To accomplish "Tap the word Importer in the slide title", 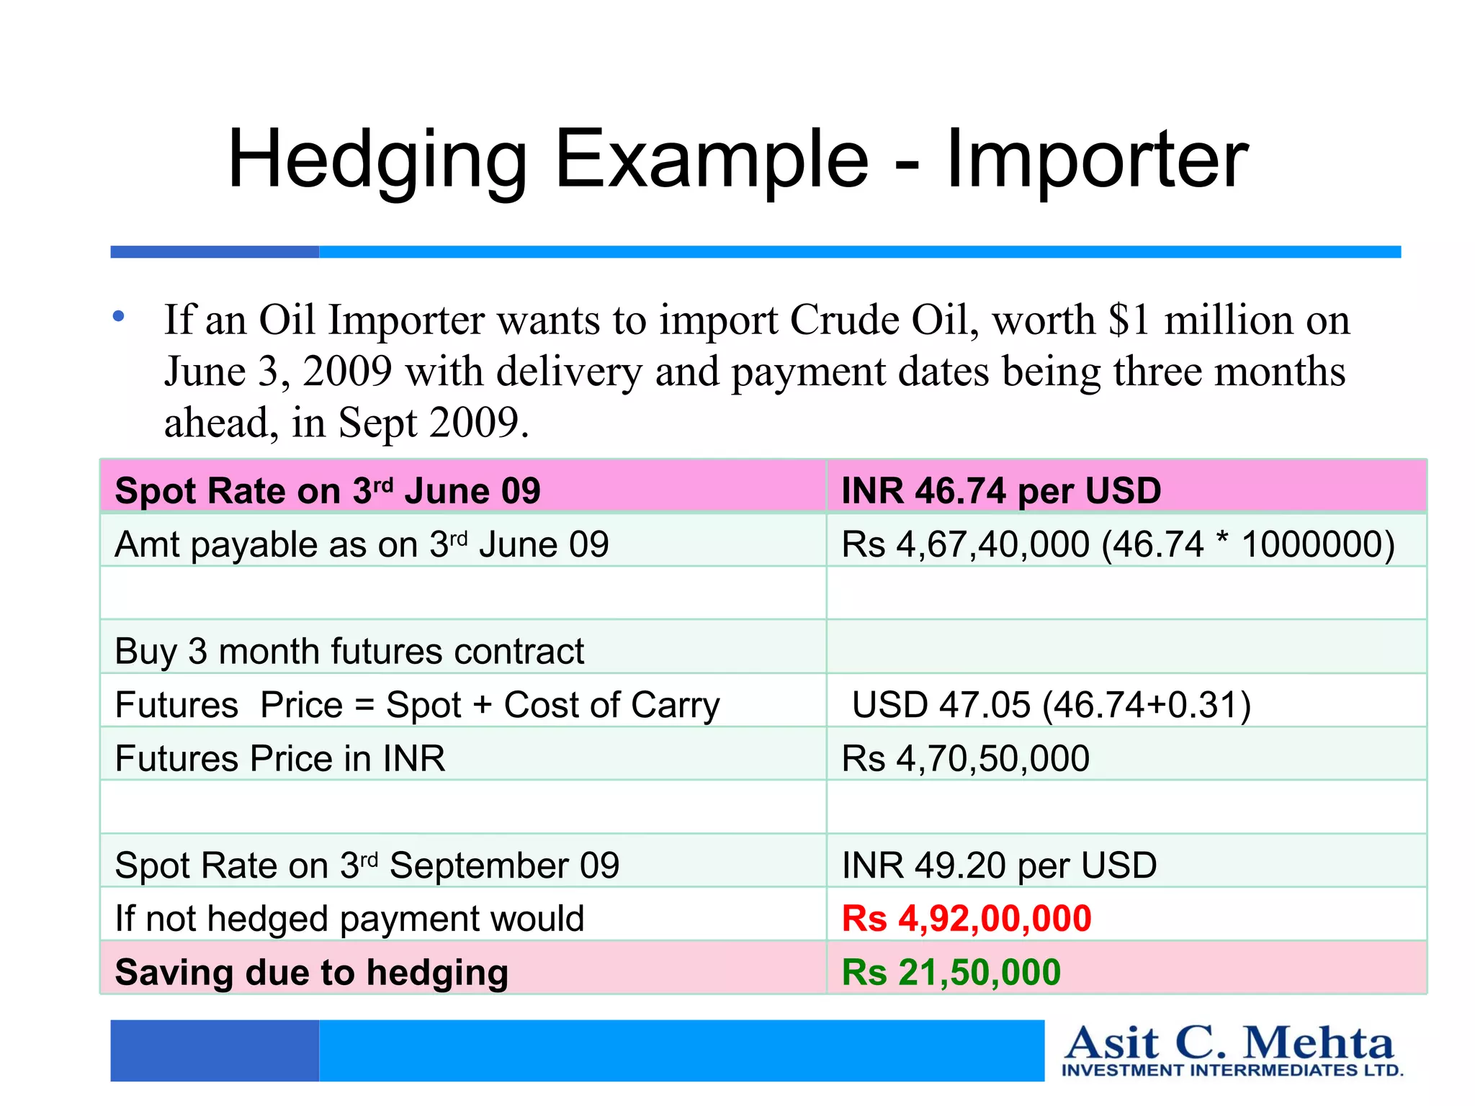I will click(1096, 160).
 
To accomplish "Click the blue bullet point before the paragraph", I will click(119, 316).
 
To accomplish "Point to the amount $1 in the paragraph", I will click(1129, 320).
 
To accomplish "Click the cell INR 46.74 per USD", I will click(1001, 491).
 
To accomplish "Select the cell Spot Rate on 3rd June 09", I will click(328, 491).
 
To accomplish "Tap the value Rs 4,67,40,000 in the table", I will click(965, 544).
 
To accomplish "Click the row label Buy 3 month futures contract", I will click(349, 652).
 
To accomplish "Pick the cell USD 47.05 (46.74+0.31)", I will click(1052, 705).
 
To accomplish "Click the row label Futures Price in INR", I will click(280, 759).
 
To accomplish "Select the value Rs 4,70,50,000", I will click(965, 759).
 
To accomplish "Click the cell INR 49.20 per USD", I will click(999, 866).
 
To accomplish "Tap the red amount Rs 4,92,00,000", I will click(967, 919).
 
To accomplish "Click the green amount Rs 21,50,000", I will click(951, 972).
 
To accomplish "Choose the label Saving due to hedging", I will click(312, 972).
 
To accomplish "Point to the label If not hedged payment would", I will click(349, 919).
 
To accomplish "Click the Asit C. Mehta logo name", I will click(1229, 1043).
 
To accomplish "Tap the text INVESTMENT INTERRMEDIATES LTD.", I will click(1232, 1071).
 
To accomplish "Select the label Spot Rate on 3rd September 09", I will click(367, 866).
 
